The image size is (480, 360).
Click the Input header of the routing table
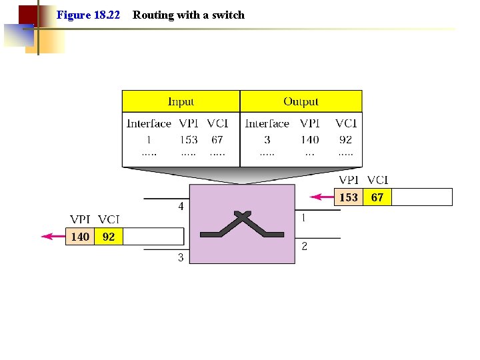pos(181,101)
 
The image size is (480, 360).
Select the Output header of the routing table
pos(301,101)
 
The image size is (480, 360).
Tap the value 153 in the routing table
pos(189,139)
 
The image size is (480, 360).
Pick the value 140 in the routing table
pos(309,139)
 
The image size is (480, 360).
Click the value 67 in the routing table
pos(217,139)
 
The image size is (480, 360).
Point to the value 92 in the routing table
pos(345,139)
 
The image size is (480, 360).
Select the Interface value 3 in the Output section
pos(267,139)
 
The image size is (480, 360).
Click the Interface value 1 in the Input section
pos(149,139)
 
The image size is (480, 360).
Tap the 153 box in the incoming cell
pos(349,197)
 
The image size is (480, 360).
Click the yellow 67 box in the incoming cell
pos(377,197)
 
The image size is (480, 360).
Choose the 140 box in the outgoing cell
pos(80,237)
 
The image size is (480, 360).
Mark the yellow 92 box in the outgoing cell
pos(109,237)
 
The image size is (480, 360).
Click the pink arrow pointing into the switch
pos(323,197)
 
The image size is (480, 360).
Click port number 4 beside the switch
pos(181,207)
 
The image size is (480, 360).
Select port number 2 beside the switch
pos(305,247)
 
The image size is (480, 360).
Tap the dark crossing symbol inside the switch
pos(242,225)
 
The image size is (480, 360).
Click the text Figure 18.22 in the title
pos(89,15)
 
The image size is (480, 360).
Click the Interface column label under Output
pos(267,123)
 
